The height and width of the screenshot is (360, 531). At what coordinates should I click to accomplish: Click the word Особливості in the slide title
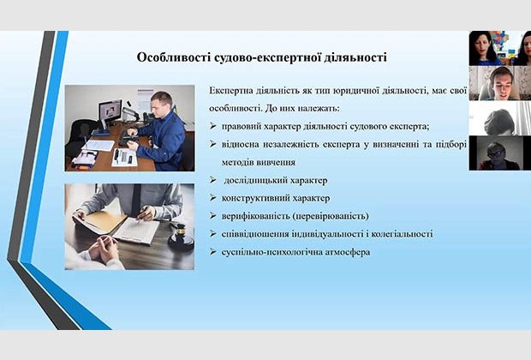coord(174,57)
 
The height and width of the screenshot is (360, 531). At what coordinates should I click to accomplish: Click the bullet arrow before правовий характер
coord(212,127)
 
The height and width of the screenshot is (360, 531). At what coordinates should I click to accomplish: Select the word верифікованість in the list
coord(255,216)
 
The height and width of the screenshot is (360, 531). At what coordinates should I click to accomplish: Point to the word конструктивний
coord(256,198)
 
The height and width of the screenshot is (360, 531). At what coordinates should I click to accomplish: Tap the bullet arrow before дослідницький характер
coord(212,180)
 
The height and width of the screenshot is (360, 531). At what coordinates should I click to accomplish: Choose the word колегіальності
coord(402,234)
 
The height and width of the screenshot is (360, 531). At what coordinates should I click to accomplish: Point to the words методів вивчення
coord(259,162)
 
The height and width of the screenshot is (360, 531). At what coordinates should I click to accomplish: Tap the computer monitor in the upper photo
coord(110,111)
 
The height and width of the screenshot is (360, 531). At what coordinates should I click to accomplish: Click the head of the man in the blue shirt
coord(162,104)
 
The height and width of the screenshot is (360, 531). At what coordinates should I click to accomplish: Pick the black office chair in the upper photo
coord(79,135)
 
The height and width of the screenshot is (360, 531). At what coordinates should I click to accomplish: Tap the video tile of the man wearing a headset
coord(499,83)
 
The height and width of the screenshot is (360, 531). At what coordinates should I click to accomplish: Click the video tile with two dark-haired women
coord(499,48)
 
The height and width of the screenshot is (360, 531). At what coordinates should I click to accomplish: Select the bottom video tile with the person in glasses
coord(499,153)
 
